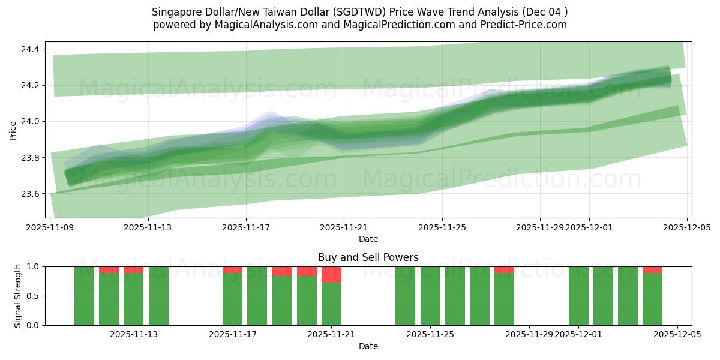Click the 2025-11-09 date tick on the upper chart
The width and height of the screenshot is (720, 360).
(x=50, y=227)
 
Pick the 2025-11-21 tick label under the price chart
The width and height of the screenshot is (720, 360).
(x=344, y=227)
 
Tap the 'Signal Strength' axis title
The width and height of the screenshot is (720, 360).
(x=18, y=296)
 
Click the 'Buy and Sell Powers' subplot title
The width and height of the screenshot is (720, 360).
(x=368, y=257)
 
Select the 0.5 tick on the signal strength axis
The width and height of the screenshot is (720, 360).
(x=33, y=296)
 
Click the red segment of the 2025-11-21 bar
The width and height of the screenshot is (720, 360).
(x=331, y=275)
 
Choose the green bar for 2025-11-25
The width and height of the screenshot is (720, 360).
(x=430, y=296)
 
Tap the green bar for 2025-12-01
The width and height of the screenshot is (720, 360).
(x=578, y=296)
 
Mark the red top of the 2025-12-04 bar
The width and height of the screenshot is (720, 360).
(x=652, y=270)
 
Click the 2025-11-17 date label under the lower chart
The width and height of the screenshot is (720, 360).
(x=233, y=335)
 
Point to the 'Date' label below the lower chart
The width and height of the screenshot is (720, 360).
(x=368, y=346)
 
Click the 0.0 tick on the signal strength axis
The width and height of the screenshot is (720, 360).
(x=33, y=325)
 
